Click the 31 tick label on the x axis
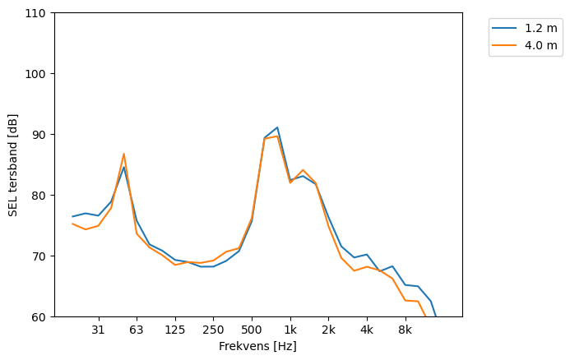pyautogui.click(x=98, y=330)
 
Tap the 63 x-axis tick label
pyautogui.click(x=137, y=330)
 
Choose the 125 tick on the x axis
pyautogui.click(x=174, y=330)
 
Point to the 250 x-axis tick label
pyautogui.click(x=213, y=330)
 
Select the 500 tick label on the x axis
pyautogui.click(x=252, y=330)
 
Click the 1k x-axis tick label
pyautogui.click(x=290, y=330)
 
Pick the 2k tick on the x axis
pyautogui.click(x=328, y=330)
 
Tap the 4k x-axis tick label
pyautogui.click(x=367, y=330)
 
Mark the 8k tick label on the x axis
pyautogui.click(x=405, y=330)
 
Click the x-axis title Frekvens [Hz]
pyautogui.click(x=257, y=347)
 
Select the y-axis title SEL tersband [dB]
pyautogui.click(x=13, y=165)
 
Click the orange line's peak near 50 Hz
pyautogui.click(x=124, y=154)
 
